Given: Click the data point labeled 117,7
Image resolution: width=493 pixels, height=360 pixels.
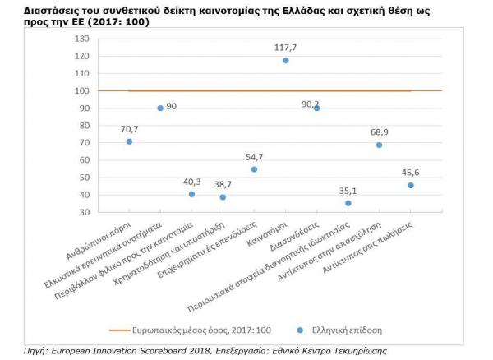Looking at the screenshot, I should click(285, 60).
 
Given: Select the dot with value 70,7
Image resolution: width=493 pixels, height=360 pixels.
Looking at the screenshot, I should click(129, 141).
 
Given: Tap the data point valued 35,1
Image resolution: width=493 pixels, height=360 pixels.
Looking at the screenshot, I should click(348, 203).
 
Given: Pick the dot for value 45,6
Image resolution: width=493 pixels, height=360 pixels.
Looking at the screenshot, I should click(411, 185).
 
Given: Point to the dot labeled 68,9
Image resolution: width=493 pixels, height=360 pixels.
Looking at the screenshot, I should click(380, 145).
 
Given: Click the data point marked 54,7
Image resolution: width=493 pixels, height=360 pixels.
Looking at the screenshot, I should click(254, 169).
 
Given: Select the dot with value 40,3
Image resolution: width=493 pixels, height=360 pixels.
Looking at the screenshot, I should click(191, 194).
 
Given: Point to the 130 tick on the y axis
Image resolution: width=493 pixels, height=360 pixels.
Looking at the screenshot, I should click(82, 39).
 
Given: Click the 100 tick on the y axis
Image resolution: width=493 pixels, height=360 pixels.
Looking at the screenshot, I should click(82, 90).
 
